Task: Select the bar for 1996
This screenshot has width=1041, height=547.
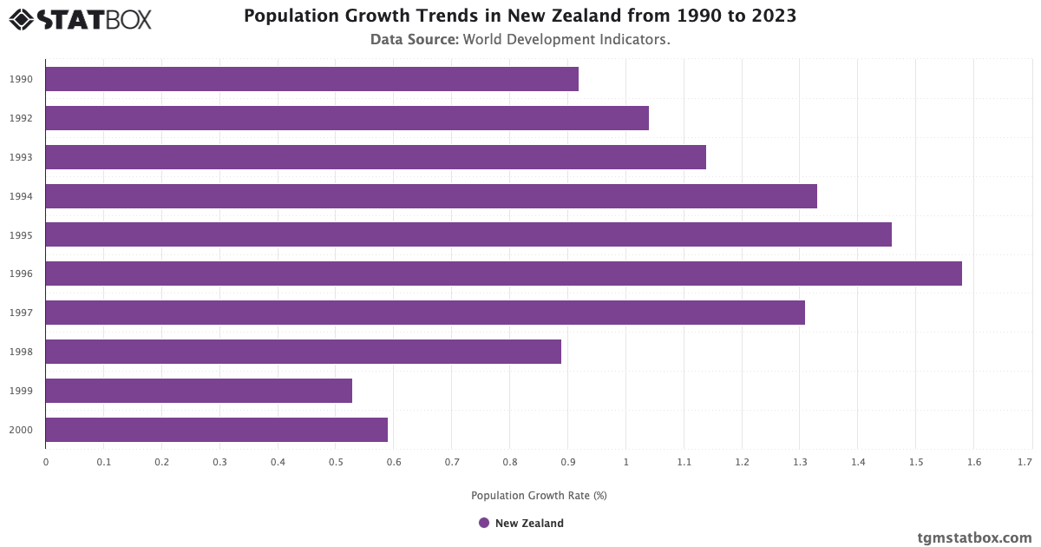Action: [503, 273]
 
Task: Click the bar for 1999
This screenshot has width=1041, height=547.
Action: [199, 391]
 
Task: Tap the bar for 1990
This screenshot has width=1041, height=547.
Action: [311, 79]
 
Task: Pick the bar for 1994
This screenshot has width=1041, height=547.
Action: [431, 196]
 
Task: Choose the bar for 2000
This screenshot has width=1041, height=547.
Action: [216, 430]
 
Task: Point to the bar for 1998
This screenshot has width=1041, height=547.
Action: [303, 352]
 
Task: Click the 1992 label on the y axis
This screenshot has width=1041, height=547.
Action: [22, 118]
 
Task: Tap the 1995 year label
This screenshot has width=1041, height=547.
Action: [22, 235]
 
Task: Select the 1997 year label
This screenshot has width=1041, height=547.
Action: [22, 313]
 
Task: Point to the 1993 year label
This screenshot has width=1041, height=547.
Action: [22, 157]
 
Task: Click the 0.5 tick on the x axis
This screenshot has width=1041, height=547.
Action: [336, 463]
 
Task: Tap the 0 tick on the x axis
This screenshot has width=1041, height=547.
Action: [46, 463]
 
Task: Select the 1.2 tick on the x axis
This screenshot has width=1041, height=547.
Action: [742, 463]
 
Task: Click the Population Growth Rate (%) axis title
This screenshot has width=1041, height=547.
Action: [539, 496]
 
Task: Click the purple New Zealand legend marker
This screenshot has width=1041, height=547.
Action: [484, 523]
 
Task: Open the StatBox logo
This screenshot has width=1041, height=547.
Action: [80, 19]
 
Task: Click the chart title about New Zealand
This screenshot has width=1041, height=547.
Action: [520, 16]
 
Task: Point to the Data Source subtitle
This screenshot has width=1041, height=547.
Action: [520, 39]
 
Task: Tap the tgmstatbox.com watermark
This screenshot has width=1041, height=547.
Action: [974, 537]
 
